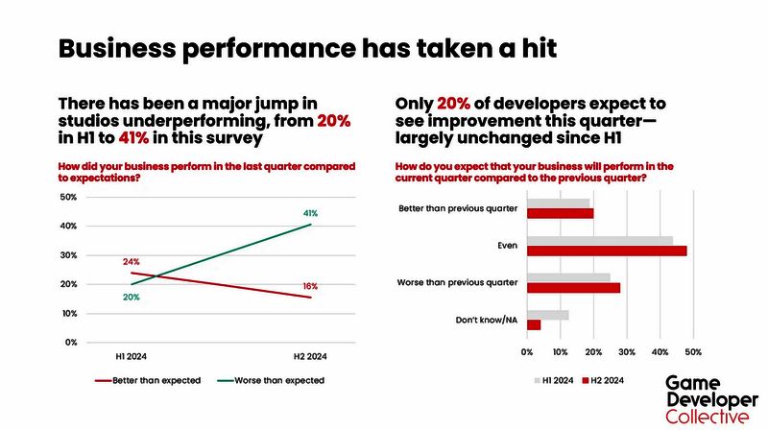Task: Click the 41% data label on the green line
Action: (311, 212)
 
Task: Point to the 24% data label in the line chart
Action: (131, 261)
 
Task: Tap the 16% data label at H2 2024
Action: (310, 286)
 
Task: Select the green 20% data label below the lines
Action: (131, 298)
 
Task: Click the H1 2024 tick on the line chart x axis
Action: (131, 355)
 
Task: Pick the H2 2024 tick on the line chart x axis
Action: (310, 355)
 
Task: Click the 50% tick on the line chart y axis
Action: (69, 197)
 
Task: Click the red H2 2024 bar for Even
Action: (607, 251)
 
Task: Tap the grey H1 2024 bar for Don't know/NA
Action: (548, 314)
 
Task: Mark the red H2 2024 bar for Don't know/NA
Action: (534, 325)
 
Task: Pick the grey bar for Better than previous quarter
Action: (559, 203)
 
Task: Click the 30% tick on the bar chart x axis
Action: (628, 351)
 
